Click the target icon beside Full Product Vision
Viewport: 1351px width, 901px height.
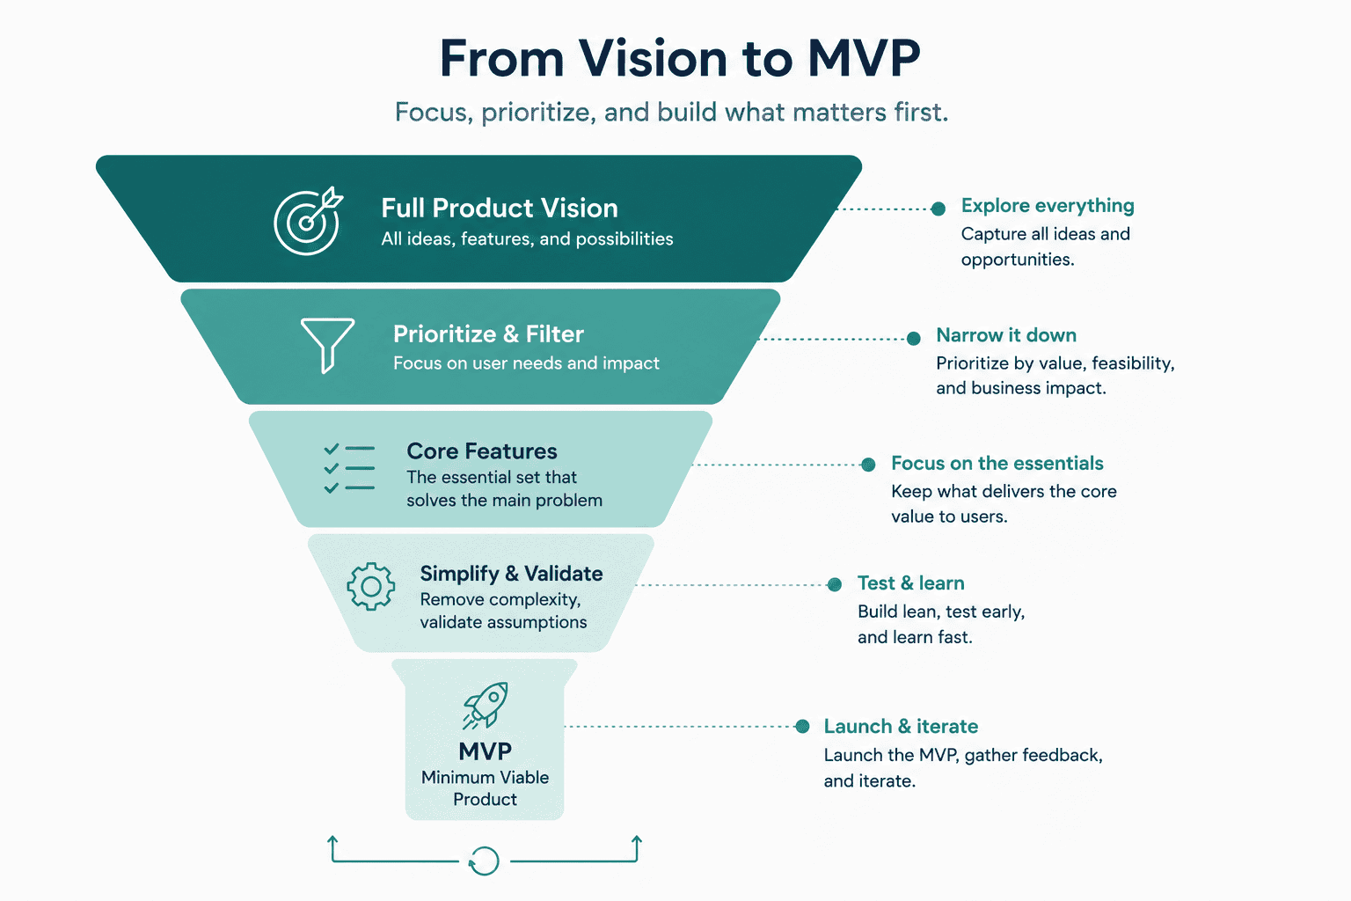tap(308, 221)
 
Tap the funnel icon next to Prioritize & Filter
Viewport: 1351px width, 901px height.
tap(327, 345)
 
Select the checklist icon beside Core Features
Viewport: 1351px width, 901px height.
tap(348, 468)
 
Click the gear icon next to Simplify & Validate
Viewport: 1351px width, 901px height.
tap(371, 586)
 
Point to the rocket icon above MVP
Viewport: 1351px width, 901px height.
tap(486, 705)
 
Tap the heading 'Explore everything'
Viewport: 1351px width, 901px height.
tap(1048, 206)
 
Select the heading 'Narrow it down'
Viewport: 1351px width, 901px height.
tap(1006, 335)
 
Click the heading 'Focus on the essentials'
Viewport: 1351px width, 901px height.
tap(997, 463)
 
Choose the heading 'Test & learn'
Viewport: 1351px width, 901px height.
tap(910, 583)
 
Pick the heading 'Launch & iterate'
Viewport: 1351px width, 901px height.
tap(901, 726)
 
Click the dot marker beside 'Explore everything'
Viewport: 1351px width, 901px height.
tap(938, 209)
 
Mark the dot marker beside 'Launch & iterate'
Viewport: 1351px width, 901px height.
tap(802, 726)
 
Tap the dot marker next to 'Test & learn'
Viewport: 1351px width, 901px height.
tap(835, 584)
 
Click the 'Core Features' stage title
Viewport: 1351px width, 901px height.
tap(482, 450)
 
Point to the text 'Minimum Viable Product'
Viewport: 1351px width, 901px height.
tap(485, 788)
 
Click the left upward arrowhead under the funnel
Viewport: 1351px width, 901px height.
tap(332, 840)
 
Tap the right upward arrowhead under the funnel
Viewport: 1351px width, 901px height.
tap(637, 840)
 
